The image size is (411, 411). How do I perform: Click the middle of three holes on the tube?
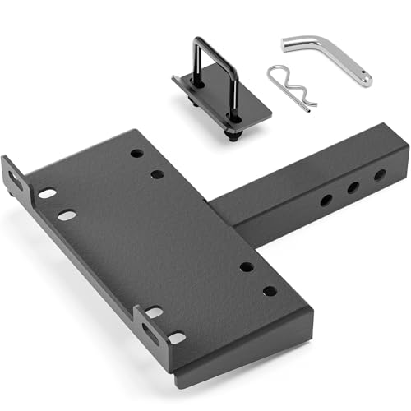coord(353,187)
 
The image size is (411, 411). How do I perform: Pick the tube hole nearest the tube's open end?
coord(379,175)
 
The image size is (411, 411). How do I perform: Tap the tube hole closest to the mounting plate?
coord(326,200)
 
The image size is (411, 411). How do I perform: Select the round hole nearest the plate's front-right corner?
coord(270,290)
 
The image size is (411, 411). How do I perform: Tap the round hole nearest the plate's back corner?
coord(136,153)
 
